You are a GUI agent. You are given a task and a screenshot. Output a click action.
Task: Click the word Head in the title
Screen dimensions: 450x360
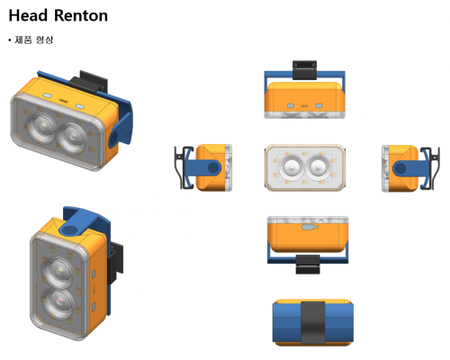point(28,15)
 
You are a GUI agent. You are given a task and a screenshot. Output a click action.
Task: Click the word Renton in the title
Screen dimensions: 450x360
point(81,15)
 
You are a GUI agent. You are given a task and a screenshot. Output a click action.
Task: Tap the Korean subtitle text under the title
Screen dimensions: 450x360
point(34,40)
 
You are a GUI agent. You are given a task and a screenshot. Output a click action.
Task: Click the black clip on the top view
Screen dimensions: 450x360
point(304,70)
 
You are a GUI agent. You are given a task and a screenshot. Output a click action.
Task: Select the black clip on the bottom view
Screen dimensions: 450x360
point(308,265)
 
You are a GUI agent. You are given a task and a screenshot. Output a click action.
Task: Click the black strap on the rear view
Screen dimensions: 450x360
point(313,322)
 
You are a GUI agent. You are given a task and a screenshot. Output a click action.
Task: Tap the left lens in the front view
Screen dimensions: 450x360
point(291,166)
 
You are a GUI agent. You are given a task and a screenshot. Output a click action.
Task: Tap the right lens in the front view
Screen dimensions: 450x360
point(318,166)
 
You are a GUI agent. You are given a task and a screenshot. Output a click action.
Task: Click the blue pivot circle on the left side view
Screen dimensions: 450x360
point(213,167)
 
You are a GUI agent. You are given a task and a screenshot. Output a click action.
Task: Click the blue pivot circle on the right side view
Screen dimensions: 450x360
point(400,168)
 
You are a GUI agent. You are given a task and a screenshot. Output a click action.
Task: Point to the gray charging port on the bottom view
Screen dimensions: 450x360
point(310,227)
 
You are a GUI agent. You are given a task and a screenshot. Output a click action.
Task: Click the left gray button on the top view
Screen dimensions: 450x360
point(291,106)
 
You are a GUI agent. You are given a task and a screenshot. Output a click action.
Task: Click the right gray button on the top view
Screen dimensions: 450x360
point(319,106)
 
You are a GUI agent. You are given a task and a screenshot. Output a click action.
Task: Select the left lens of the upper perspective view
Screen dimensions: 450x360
point(40,128)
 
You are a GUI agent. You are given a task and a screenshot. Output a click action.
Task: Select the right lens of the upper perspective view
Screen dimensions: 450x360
point(72,138)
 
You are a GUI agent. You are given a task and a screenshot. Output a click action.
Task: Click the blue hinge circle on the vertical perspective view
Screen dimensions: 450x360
point(70,230)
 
